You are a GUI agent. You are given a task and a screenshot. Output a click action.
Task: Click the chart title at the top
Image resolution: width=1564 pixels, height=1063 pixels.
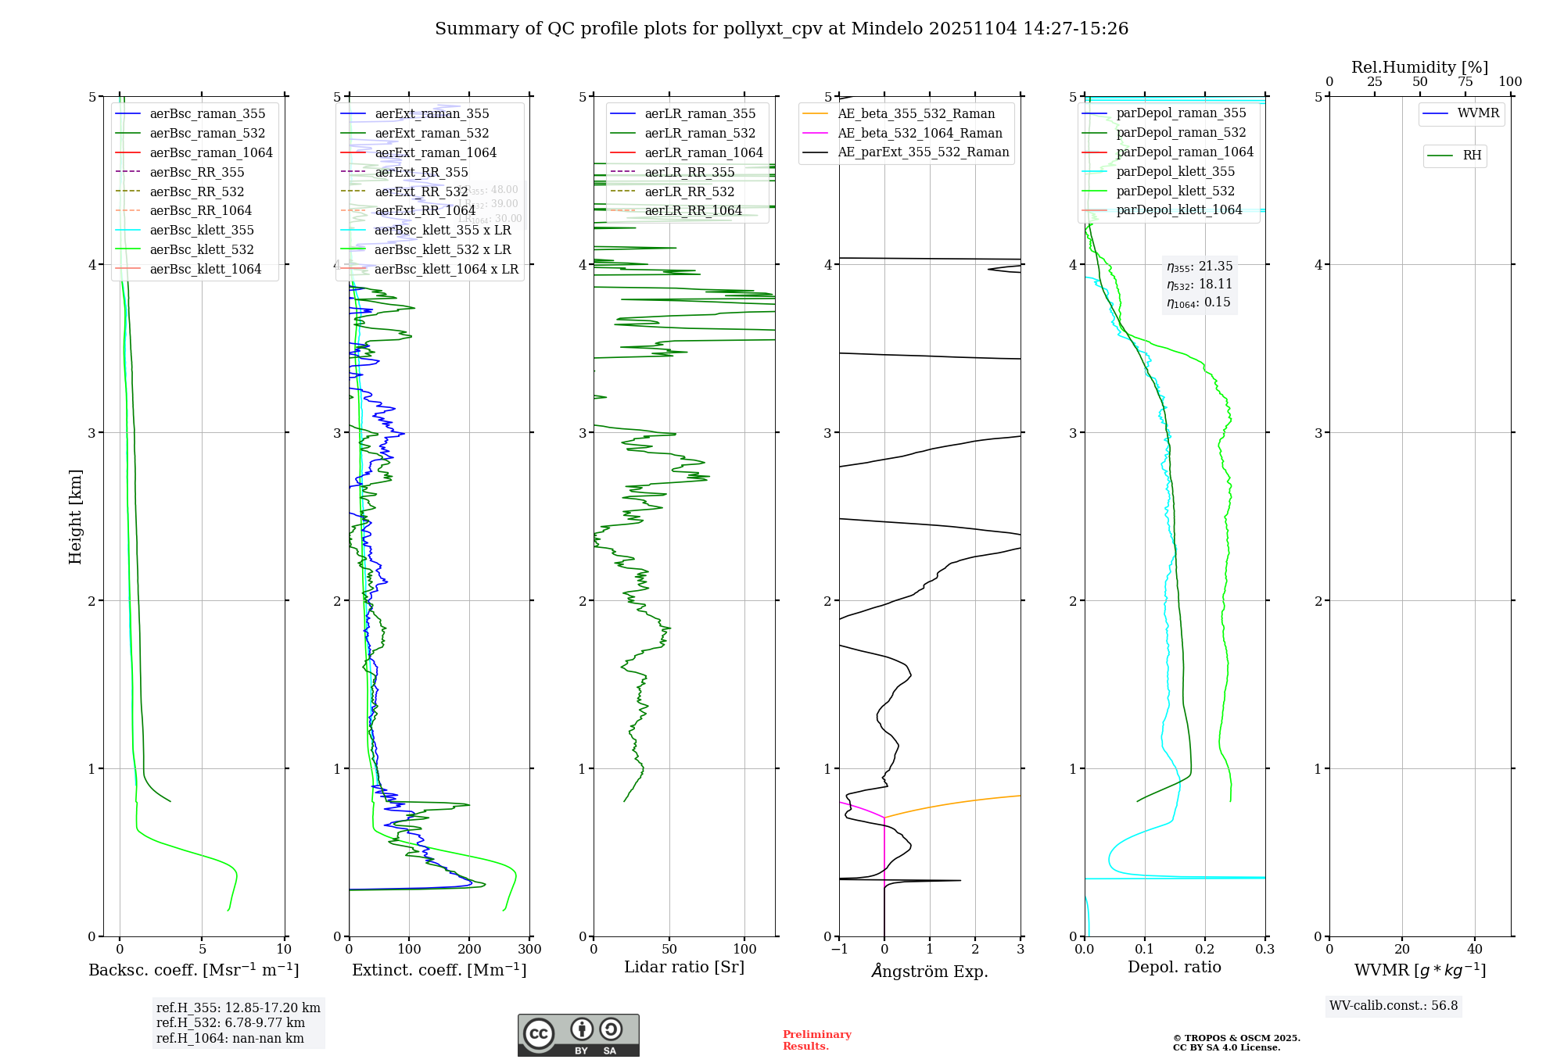click(781, 29)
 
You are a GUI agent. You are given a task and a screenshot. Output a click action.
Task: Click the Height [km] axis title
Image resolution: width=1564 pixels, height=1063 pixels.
click(75, 516)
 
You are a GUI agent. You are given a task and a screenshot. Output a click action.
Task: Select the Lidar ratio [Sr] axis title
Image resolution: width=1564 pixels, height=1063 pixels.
click(684, 967)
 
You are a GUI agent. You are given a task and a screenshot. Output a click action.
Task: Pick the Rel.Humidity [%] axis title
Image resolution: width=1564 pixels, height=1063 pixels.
click(1419, 67)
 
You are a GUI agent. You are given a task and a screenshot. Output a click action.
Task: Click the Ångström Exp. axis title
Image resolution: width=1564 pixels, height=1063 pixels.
click(930, 971)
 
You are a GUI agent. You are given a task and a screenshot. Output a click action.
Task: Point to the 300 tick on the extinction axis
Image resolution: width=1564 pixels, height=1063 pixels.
click(529, 950)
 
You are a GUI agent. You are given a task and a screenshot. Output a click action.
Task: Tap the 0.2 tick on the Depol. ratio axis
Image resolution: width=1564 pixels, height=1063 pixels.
click(1205, 950)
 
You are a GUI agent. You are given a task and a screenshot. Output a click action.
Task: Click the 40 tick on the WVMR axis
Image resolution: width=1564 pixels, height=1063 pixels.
click(1475, 950)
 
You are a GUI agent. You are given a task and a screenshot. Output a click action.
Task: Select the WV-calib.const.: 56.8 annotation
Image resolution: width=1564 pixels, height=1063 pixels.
click(1394, 1006)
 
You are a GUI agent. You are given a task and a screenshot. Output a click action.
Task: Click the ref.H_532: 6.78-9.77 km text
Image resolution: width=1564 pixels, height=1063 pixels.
click(231, 1023)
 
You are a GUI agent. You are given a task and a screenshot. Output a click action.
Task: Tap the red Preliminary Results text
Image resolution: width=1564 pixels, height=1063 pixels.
click(816, 1040)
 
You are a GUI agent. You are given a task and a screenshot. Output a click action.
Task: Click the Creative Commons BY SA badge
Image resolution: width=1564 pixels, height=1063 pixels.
click(578, 1036)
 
